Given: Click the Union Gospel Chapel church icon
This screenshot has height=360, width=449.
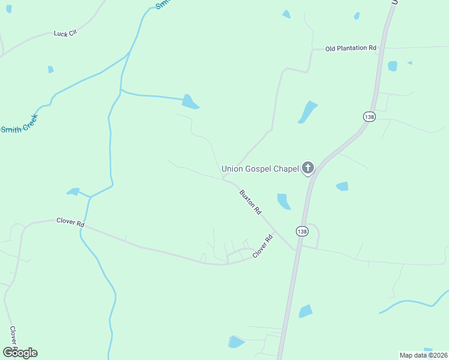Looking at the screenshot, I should [x=308, y=169].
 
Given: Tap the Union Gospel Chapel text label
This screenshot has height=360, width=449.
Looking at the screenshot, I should [x=260, y=169].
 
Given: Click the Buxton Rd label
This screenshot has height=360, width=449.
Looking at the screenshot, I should [x=250, y=202].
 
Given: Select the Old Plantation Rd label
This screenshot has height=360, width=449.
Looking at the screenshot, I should [x=351, y=48].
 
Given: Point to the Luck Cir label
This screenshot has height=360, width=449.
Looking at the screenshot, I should [x=65, y=34].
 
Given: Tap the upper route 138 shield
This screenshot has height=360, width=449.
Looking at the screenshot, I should [x=369, y=116].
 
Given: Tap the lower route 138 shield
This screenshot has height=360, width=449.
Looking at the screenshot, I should [x=301, y=231].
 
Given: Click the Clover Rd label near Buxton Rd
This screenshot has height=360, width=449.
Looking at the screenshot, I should [x=262, y=247].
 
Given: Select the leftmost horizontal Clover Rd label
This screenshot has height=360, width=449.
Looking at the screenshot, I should [x=70, y=221].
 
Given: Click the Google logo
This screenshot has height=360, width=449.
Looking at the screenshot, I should [x=20, y=352].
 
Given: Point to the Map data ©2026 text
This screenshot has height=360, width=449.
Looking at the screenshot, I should [x=423, y=355].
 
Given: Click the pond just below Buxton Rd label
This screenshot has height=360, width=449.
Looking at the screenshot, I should [x=283, y=202].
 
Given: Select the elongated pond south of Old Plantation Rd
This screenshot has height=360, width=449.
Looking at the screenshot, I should [x=307, y=112].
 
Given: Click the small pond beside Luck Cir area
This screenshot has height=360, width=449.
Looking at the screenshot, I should [x=51, y=70].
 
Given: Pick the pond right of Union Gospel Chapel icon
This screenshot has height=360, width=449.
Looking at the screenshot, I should [x=342, y=186].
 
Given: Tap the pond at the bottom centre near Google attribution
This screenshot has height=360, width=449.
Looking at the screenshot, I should [x=236, y=342].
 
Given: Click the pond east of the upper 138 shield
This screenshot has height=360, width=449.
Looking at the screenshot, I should [x=393, y=66].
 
